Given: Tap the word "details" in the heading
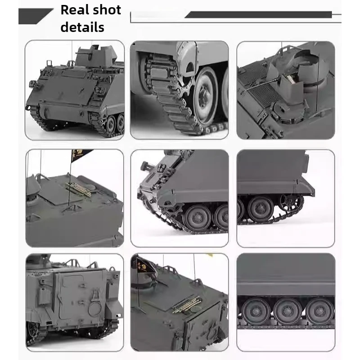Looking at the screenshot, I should pyautogui.click(x=82, y=27).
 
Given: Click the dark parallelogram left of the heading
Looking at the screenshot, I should pyautogui.click(x=35, y=16).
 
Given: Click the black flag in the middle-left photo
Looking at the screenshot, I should pyautogui.click(x=81, y=155).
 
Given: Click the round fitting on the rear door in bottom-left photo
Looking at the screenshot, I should pyautogui.click(x=95, y=310).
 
